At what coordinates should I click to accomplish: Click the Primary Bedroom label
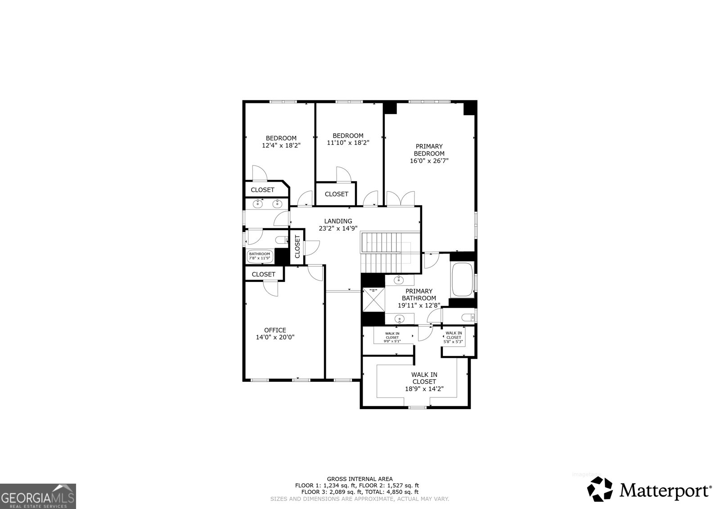click(x=429, y=153)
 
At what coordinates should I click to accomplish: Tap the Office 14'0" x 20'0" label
click(x=275, y=334)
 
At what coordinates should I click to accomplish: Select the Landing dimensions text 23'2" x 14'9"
click(x=338, y=228)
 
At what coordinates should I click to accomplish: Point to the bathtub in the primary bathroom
click(x=462, y=280)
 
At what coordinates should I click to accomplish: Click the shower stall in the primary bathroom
click(x=373, y=300)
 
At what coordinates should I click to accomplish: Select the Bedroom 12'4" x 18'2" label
click(x=281, y=142)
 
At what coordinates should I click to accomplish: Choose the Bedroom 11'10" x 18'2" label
click(x=348, y=139)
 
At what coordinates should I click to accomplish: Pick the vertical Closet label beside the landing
click(x=297, y=247)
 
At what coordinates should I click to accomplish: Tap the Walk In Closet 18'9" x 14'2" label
click(x=424, y=382)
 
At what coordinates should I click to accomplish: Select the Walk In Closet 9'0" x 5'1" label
click(x=392, y=337)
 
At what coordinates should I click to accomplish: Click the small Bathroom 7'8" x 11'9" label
click(x=260, y=256)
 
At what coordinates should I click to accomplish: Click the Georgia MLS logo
click(x=38, y=496)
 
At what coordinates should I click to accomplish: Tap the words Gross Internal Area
click(x=360, y=479)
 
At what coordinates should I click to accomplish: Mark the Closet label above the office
click(x=264, y=274)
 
